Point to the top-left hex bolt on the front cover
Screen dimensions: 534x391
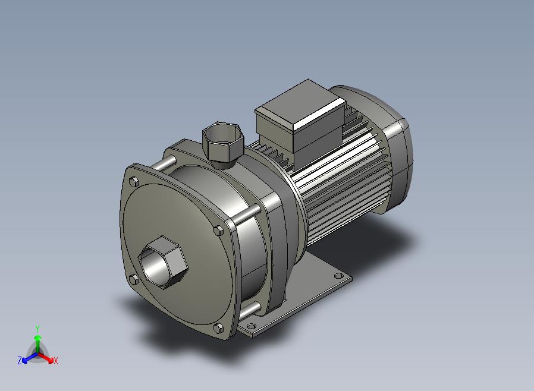click(134, 182)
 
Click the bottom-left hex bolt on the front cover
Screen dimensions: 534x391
click(134, 280)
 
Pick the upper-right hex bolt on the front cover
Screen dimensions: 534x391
click(219, 231)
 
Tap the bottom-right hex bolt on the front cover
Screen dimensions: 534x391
click(219, 329)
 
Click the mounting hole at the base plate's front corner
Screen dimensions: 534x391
click(251, 326)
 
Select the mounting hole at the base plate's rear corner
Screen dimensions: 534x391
click(338, 276)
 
